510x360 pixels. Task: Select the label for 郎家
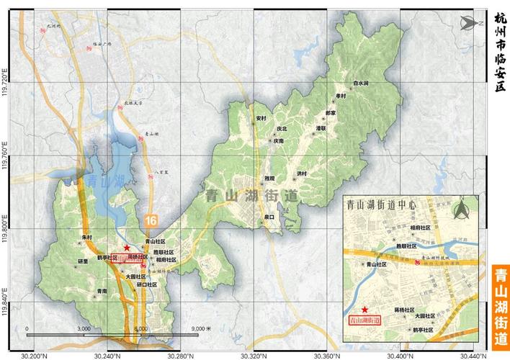pyautogui.click(x=331, y=113)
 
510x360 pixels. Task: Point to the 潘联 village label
pyautogui.click(x=321, y=127)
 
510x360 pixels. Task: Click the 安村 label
pyautogui.click(x=261, y=117)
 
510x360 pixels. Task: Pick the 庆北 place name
pyautogui.click(x=282, y=130)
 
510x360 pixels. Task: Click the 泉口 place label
pyautogui.click(x=270, y=216)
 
